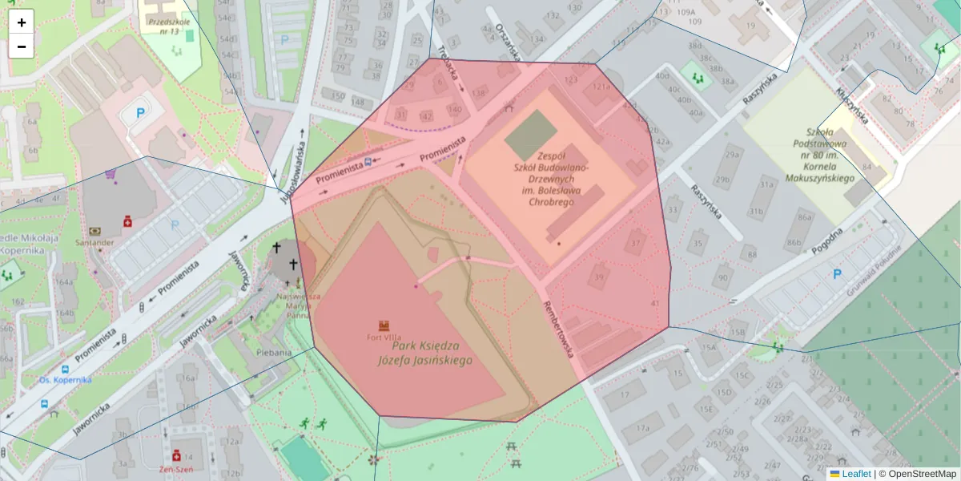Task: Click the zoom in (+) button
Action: pos(22,22)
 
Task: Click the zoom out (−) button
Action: pos(22,46)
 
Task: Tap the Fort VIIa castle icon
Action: pos(384,325)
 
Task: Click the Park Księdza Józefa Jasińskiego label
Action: pos(424,353)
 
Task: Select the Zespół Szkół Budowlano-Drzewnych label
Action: pos(552,179)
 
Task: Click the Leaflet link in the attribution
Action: pos(856,474)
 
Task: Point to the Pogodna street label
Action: pos(827,238)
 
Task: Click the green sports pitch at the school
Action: pos(530,135)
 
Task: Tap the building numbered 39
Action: pos(599,277)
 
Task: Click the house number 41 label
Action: pos(655,303)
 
